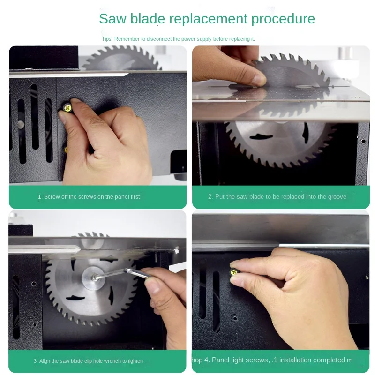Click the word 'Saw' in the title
click(x=112, y=19)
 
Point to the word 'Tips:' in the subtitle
click(x=107, y=39)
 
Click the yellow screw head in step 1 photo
click(x=67, y=108)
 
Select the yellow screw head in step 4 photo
click(x=234, y=272)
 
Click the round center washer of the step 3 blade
click(x=93, y=278)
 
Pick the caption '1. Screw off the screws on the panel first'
click(x=89, y=197)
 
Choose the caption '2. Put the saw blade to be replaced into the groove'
click(x=277, y=197)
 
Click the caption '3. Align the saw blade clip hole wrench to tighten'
click(x=88, y=361)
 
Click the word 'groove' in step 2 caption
click(x=337, y=197)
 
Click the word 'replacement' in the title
click(x=208, y=19)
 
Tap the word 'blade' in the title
click(x=148, y=19)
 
